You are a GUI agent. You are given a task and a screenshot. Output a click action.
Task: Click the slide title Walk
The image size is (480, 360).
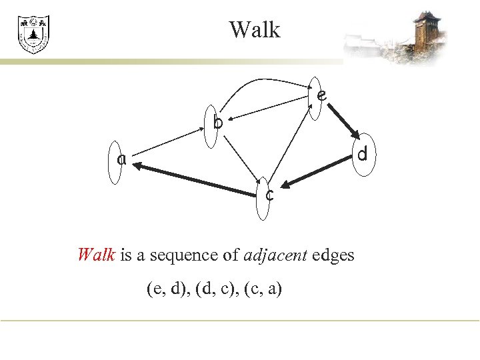(x=255, y=30)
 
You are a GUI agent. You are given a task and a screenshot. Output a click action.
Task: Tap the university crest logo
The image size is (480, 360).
(x=33, y=35)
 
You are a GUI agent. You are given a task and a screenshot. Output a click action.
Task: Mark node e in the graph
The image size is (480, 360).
(x=318, y=97)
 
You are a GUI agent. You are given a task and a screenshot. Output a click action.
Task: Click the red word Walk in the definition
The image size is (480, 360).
(x=97, y=255)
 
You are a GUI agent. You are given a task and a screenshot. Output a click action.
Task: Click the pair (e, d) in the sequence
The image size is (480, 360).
(x=165, y=289)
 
